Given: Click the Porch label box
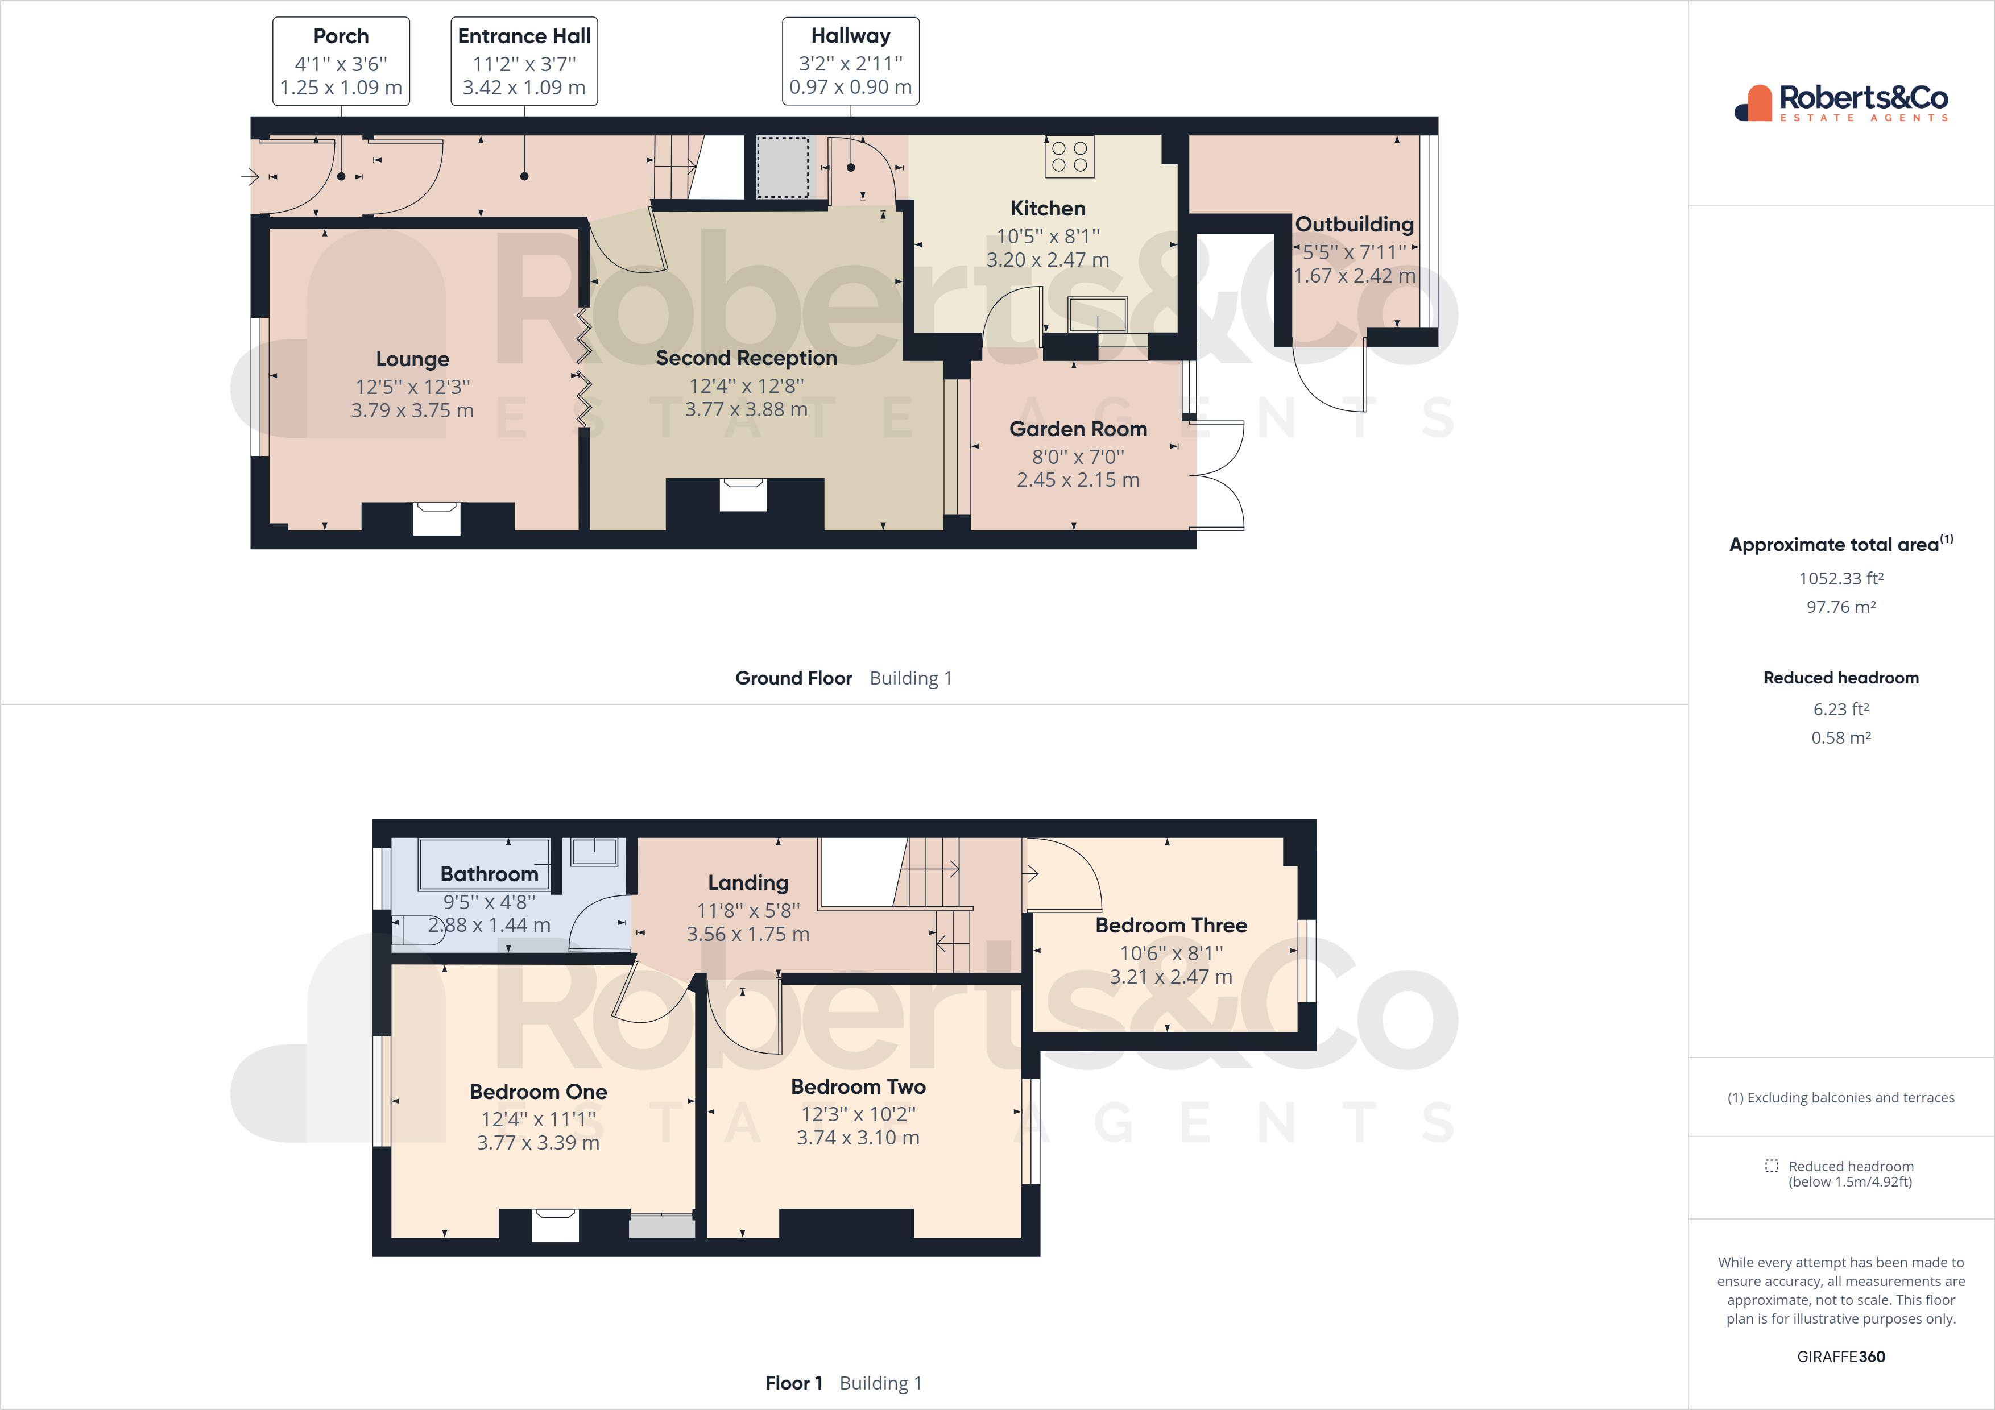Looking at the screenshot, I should coord(341,61).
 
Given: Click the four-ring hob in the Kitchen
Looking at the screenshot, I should coord(1069,157).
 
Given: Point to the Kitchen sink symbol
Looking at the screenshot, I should coord(1098,314).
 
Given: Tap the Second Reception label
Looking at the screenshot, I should coord(746,358).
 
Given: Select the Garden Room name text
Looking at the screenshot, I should coord(1078,429).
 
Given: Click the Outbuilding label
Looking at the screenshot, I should coord(1354,224).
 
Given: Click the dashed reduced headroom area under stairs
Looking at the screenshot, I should coord(782,167).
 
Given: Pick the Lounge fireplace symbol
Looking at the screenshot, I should coord(436,518).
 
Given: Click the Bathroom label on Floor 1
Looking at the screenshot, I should coord(489,874).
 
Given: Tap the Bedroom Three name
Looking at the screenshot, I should coord(1170,925).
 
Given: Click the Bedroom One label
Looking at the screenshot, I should coord(538,1092).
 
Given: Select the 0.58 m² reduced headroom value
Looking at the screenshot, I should coord(1840,737).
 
